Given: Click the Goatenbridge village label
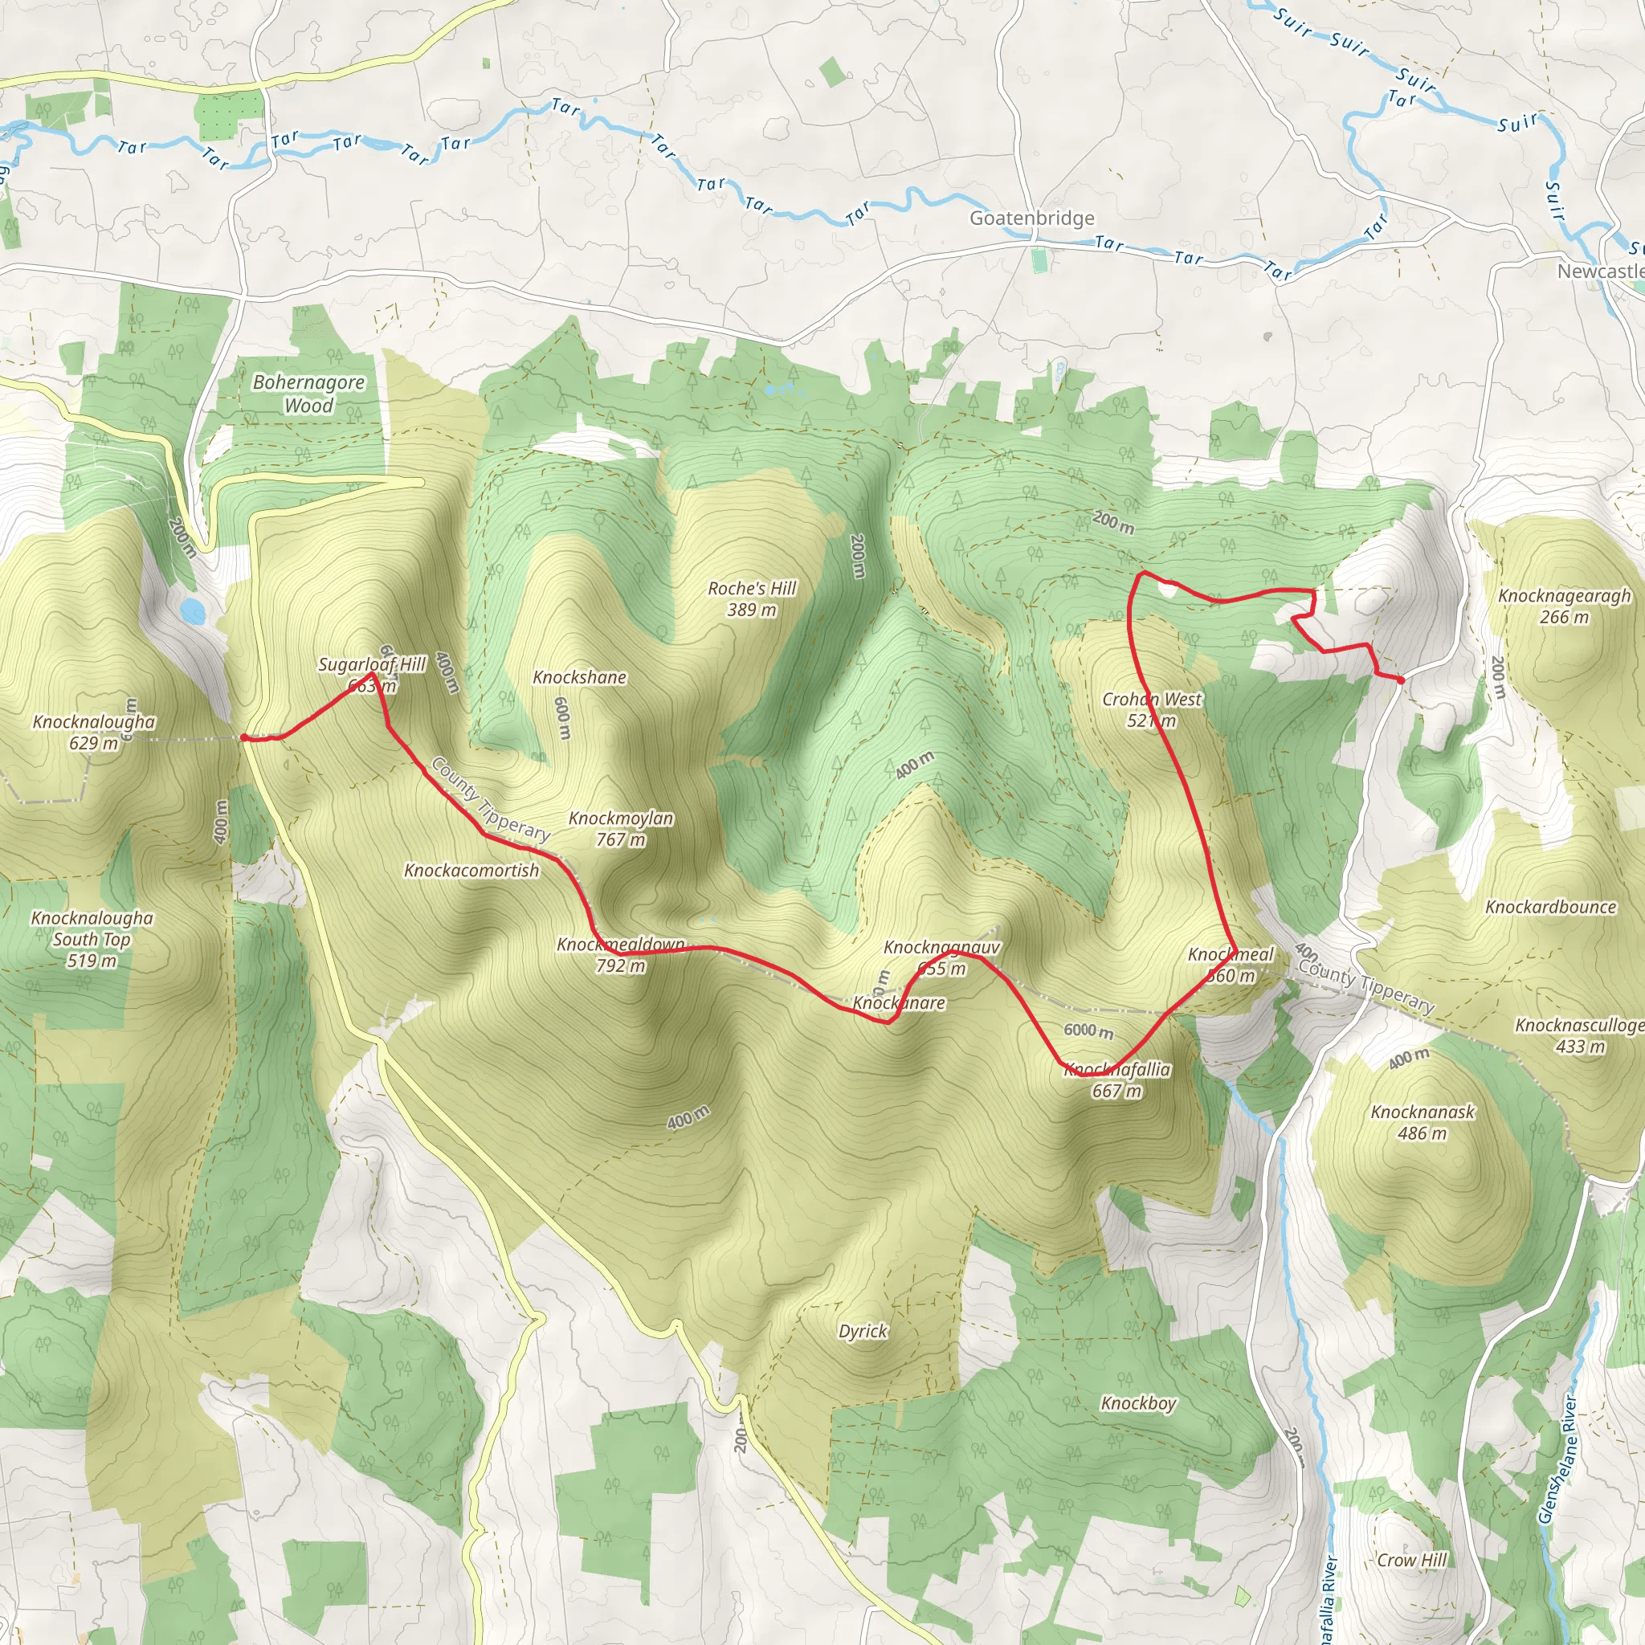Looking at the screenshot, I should (1032, 218).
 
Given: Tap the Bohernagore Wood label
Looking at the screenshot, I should (308, 394).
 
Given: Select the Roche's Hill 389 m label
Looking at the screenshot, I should (752, 598).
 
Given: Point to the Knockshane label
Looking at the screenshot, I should (580, 677).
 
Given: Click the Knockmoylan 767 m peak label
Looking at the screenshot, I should (621, 828).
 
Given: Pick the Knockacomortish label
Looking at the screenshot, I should (471, 870).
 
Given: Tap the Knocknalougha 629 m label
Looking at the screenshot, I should (94, 733).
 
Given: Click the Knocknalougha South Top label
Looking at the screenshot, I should (92, 939).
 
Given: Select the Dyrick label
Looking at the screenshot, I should (863, 1331).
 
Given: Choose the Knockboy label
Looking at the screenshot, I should (1138, 1403).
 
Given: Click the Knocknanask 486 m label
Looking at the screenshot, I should (1423, 1122).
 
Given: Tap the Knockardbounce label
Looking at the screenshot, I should (1550, 907).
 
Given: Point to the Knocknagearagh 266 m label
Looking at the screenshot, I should (1564, 606).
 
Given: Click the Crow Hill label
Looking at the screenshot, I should (1412, 1560).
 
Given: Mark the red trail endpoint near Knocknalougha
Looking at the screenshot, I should (244, 737).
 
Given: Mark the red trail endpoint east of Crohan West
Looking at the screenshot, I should (1401, 680).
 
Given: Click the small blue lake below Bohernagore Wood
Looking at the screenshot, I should (193, 610).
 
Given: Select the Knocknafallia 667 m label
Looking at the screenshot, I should (1118, 1080).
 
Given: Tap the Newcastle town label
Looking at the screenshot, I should (1600, 271).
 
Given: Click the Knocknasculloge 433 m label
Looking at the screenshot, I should (1579, 1035).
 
